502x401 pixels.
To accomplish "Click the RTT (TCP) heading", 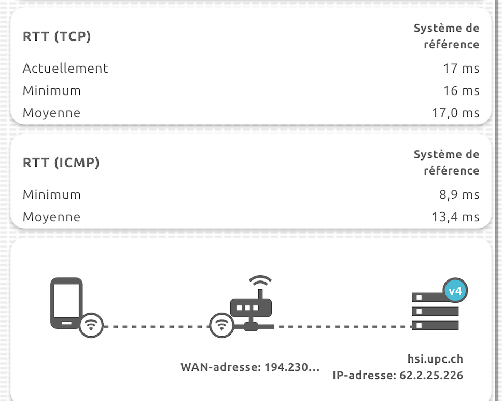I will click(x=57, y=37).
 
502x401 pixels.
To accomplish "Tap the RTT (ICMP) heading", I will click(x=61, y=163).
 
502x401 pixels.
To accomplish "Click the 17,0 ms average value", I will click(x=455, y=113).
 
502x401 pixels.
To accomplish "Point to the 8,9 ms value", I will click(x=458, y=195).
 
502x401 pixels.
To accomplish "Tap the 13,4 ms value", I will click(x=455, y=217).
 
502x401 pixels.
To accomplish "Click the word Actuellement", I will click(x=65, y=68).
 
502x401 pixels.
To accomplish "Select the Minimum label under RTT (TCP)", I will click(x=52, y=90).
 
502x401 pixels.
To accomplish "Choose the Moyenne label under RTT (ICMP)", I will click(x=51, y=217).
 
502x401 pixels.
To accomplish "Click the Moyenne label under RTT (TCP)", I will click(x=51, y=113).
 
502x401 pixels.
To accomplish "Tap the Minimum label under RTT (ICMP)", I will click(x=52, y=195).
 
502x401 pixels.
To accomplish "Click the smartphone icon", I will click(x=66, y=303).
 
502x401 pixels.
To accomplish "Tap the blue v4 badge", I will click(x=455, y=291).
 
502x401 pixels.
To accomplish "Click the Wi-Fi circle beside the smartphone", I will click(x=91, y=326).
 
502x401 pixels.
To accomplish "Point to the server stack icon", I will click(x=435, y=312).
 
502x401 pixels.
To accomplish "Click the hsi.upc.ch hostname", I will click(x=435, y=359).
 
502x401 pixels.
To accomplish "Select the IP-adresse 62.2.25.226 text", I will click(x=398, y=375).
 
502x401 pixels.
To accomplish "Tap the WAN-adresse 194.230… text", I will click(x=250, y=367).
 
